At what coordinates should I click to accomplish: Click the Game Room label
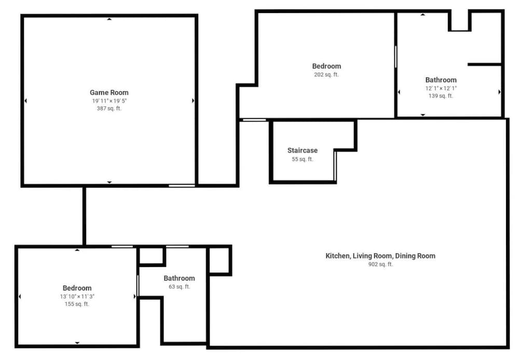pos(109,93)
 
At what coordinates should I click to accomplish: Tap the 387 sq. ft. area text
pos(109,108)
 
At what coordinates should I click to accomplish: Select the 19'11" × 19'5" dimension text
pos(109,101)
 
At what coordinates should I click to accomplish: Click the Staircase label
pos(303,150)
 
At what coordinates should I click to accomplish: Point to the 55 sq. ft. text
pos(303,159)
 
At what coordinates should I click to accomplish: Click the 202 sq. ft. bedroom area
pos(326,74)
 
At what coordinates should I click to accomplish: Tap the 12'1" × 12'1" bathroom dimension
pos(441,88)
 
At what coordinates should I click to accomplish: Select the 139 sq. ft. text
pos(441,96)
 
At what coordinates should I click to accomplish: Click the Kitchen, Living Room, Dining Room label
pos(380,256)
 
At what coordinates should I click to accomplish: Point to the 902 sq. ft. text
pos(380,264)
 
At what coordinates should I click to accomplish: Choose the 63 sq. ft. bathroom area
pos(180,287)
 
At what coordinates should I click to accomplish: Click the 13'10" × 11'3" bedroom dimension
pos(77,297)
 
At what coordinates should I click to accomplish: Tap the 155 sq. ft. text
pos(77,304)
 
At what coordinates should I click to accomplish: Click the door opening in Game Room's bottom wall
pos(182,186)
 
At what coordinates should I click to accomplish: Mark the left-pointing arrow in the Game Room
pos(26,101)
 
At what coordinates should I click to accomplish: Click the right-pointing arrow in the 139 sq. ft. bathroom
pos(499,92)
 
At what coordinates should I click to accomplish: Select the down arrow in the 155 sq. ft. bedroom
pos(77,343)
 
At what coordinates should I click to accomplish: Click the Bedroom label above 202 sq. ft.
pos(326,66)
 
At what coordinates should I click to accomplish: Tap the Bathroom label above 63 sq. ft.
pos(180,278)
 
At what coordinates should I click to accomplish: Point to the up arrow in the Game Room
pos(109,19)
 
